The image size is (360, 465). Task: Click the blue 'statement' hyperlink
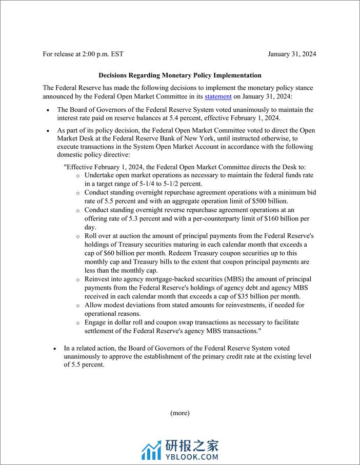click(218, 96)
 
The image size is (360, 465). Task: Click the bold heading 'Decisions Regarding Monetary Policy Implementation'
click(180, 75)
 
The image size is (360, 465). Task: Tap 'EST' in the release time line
click(117, 54)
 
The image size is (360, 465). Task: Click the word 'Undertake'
click(100, 175)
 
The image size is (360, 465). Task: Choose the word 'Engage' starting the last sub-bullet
click(96, 322)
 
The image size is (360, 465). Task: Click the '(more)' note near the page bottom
click(180, 413)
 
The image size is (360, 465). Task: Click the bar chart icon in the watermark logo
click(151, 450)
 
